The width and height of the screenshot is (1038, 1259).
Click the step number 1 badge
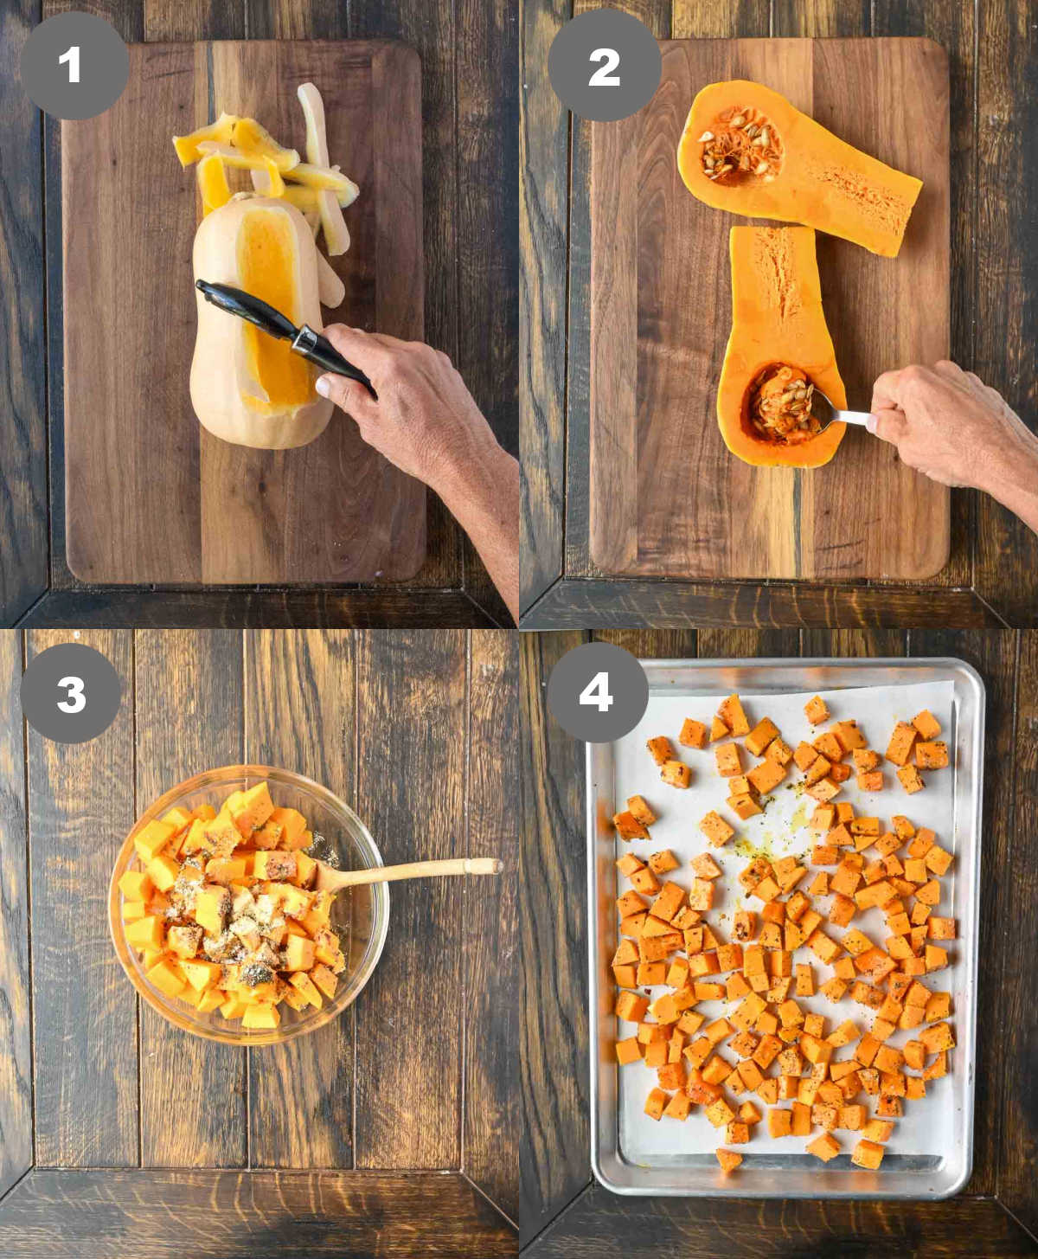pos(74,65)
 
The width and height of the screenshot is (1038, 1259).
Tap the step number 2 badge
pos(605,65)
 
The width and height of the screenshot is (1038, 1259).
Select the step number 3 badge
pos(71,693)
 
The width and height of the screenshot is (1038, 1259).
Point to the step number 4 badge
pos(598,692)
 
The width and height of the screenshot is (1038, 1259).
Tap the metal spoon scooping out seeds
pos(838,411)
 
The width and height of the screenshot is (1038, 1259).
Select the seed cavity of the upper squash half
pos(740,145)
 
